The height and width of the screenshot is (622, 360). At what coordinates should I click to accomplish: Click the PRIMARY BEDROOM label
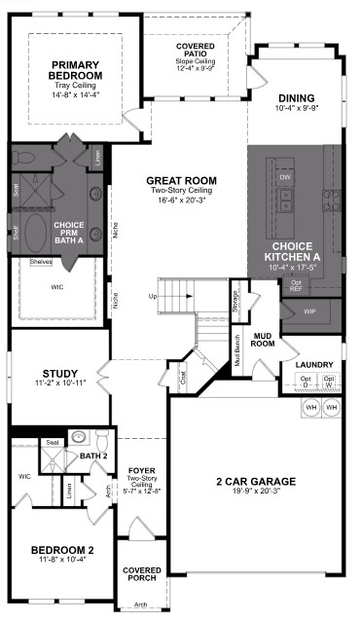[76, 70]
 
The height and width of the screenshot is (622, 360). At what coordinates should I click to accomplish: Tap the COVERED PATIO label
[195, 52]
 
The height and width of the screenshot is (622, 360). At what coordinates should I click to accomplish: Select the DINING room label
[296, 98]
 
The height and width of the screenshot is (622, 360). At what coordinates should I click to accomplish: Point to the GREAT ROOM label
[181, 181]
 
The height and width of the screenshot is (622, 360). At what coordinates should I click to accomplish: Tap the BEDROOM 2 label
[61, 549]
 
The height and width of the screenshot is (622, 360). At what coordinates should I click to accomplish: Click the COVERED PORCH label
[141, 575]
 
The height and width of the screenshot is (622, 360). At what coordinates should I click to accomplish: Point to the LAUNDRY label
[314, 365]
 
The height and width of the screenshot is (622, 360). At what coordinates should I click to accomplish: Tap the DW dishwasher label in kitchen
[285, 178]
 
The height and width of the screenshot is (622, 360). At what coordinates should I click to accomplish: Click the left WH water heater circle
[311, 407]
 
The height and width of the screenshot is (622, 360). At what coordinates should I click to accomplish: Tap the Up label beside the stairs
[152, 296]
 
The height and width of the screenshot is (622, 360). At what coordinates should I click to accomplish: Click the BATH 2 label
[93, 455]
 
